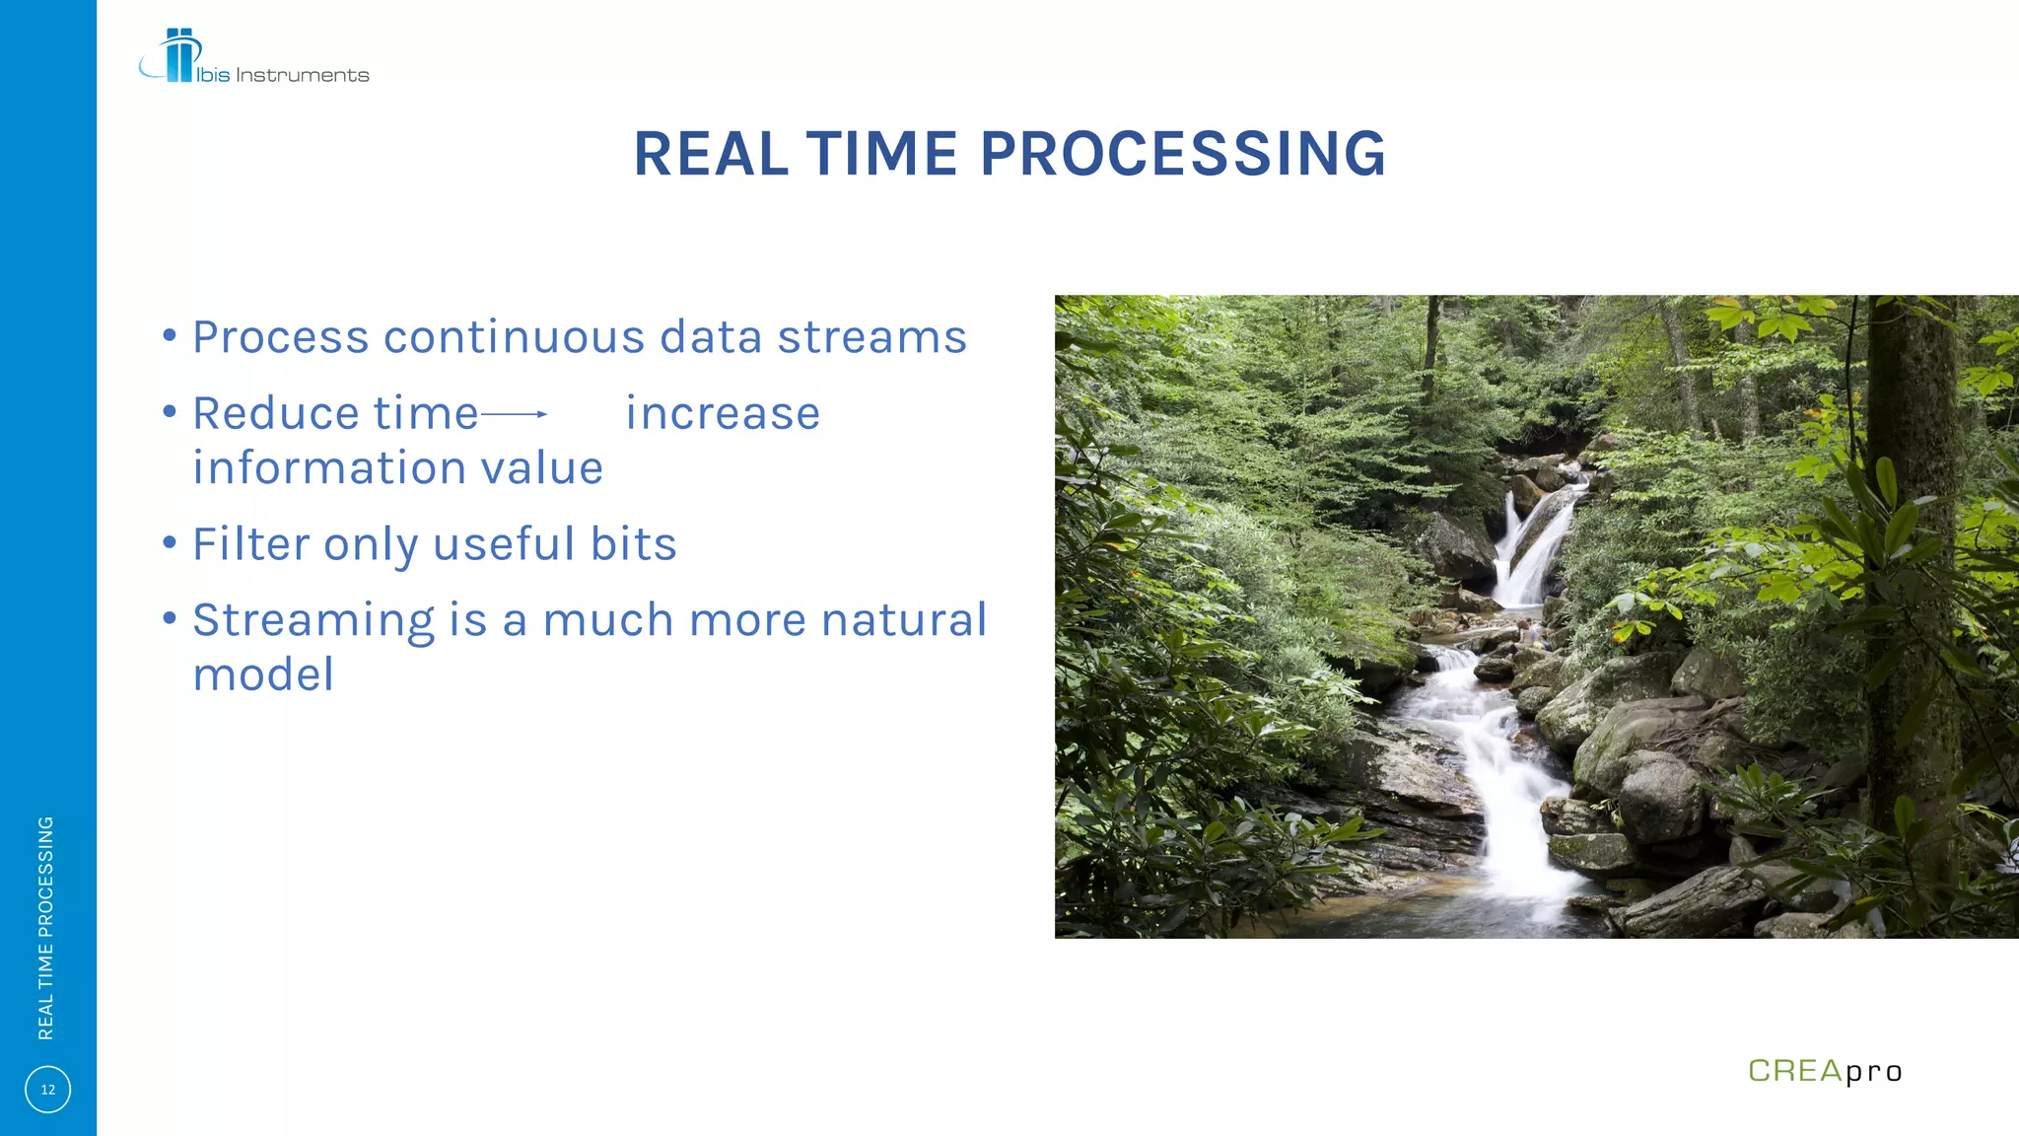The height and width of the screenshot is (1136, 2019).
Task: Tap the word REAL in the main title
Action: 711,155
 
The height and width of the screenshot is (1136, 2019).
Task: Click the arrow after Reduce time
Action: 514,414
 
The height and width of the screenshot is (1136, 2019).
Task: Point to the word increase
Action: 723,414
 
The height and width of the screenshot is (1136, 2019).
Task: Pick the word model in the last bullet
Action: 263,675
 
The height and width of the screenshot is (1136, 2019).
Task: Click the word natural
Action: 903,620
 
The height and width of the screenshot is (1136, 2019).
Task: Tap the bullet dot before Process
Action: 170,336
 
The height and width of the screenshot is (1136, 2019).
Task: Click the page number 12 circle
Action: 47,1090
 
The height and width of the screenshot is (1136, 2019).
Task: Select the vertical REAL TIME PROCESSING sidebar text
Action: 45,927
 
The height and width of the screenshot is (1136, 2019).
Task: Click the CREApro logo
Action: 1824,1071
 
